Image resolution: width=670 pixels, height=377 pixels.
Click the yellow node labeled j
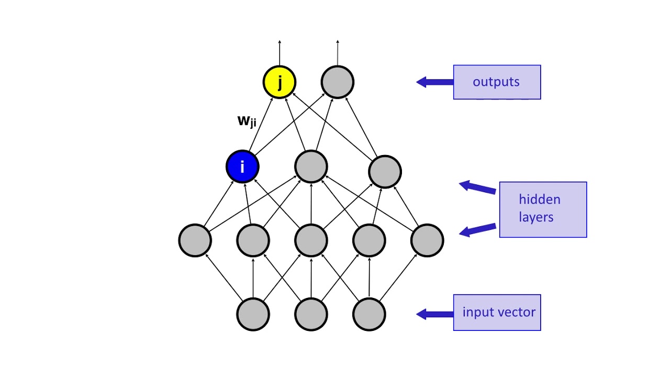280,82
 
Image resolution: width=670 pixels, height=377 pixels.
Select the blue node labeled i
242,167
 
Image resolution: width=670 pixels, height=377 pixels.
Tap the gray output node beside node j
337,82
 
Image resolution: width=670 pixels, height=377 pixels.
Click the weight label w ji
247,121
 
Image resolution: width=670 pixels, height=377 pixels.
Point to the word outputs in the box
496,82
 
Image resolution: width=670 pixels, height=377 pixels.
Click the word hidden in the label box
539,199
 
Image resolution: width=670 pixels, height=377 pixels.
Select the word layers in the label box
536,217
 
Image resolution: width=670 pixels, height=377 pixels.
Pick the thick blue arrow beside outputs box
434,82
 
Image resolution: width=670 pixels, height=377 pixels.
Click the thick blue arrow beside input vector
434,314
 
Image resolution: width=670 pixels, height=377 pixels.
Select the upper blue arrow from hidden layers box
477,187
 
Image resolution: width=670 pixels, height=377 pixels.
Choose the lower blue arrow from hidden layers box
477,230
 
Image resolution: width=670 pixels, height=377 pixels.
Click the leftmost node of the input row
253,314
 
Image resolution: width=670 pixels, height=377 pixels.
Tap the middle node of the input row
311,314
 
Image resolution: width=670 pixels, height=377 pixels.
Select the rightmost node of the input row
370,314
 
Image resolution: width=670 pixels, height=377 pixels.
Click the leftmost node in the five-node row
195,240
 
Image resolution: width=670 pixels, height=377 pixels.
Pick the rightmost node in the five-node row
427,240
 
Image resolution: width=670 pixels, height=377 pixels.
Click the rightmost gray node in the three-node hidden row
385,171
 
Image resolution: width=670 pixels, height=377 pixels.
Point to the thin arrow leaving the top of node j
280,52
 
